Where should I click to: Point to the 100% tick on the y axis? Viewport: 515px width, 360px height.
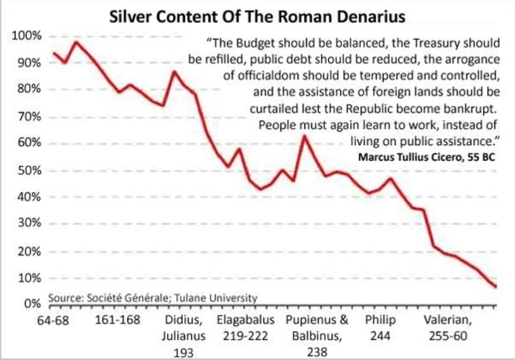tap(27, 37)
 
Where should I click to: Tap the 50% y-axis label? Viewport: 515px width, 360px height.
tap(29, 170)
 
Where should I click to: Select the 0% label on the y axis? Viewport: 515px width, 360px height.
tap(32, 303)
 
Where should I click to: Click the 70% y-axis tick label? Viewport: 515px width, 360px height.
tap(29, 117)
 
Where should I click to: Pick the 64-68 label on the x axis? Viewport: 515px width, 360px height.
tap(53, 320)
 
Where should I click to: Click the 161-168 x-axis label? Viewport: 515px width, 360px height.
tap(118, 320)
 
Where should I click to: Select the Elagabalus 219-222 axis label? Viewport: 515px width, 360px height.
tap(246, 327)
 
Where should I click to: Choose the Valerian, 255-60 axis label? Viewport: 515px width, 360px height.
tap(448, 327)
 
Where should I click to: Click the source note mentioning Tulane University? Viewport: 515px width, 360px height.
tap(153, 297)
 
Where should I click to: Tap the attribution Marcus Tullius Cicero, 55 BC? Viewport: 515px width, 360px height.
tap(426, 156)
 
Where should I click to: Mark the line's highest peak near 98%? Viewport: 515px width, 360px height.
tap(76, 42)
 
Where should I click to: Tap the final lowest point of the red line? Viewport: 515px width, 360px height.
tap(496, 286)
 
